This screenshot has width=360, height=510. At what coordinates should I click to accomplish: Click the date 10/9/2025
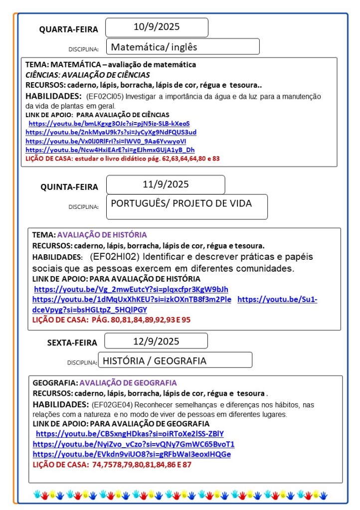tap(157, 27)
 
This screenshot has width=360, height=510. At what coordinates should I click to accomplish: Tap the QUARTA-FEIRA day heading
tap(69, 30)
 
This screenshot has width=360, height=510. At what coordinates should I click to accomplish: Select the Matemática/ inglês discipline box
tap(154, 47)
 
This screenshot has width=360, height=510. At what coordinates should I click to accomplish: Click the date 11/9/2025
tap(166, 184)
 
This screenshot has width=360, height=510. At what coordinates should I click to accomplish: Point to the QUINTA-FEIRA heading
tap(69, 187)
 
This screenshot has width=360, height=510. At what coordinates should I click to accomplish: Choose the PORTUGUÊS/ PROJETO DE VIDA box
tap(181, 203)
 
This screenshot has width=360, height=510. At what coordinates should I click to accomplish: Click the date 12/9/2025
tap(156, 341)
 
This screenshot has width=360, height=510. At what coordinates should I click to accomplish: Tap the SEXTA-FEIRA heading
tap(72, 343)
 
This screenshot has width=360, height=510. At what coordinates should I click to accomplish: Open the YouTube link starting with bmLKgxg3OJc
tap(109, 123)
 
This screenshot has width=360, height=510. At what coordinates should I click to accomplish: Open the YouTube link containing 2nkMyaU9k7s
tap(111, 132)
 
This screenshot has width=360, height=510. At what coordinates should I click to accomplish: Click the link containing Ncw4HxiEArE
tap(110, 150)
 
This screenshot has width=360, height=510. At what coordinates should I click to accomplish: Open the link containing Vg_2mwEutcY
tap(131, 290)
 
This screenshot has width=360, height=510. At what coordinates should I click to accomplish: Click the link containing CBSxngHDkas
tap(130, 434)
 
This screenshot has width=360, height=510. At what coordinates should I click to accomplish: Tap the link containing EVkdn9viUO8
tap(132, 454)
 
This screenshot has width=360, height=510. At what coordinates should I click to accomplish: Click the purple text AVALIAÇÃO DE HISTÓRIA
tap(102, 235)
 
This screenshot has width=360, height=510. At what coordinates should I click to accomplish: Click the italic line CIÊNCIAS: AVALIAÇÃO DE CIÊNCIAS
tap(87, 75)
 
